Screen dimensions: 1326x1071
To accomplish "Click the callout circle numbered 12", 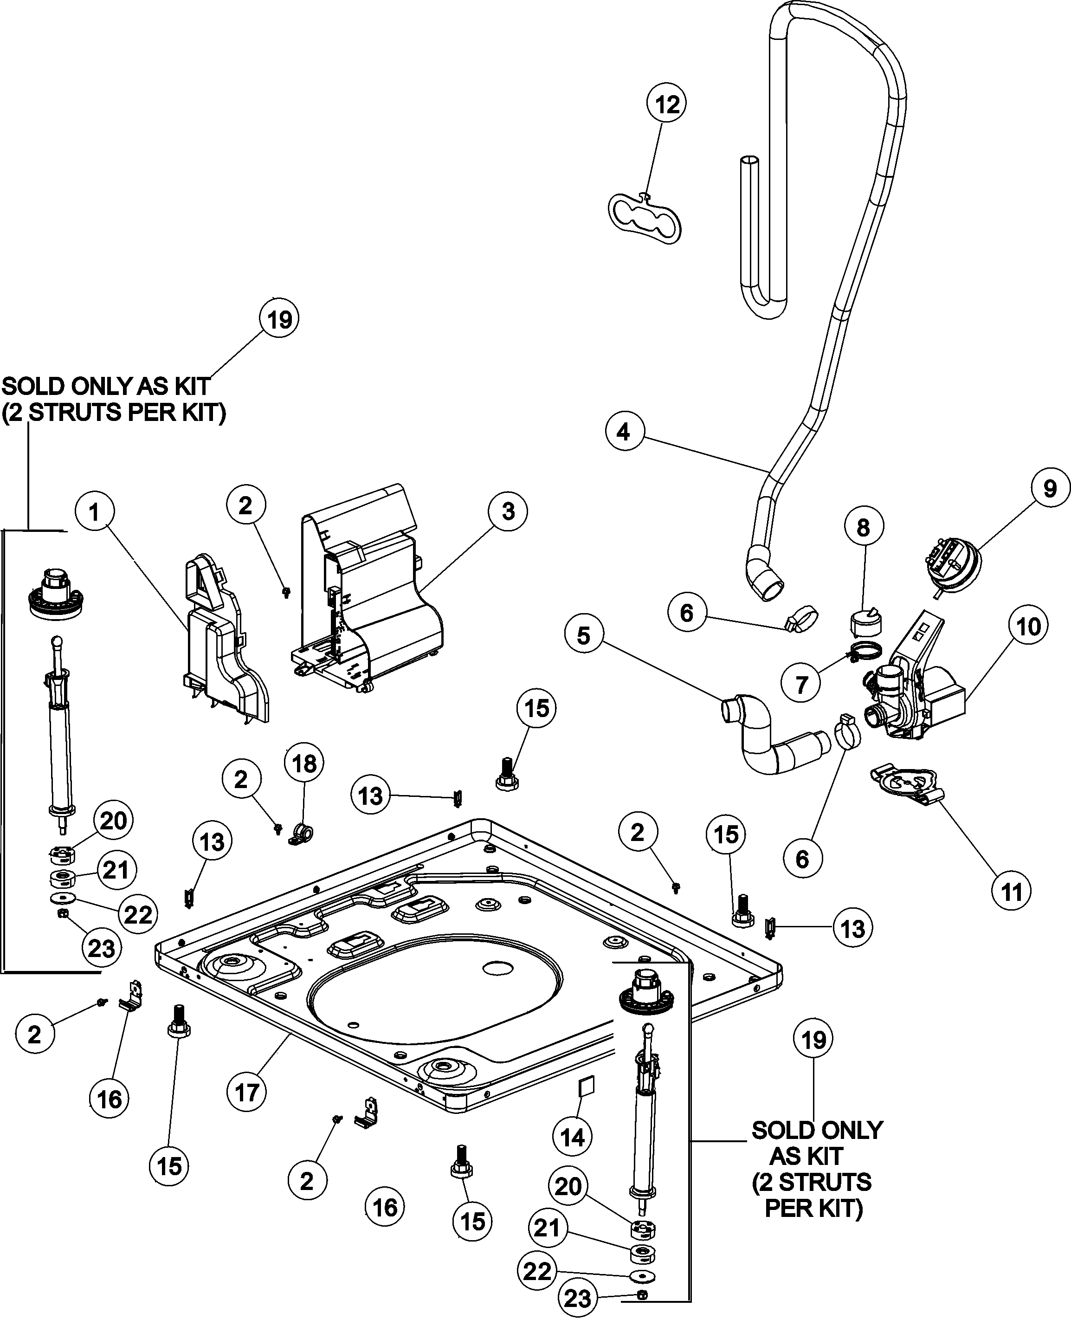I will point(666,104).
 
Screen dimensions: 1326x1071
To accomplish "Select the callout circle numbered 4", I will point(624,432).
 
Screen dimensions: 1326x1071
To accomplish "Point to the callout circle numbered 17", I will point(247,1093).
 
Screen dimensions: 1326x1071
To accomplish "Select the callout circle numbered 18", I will point(304,764).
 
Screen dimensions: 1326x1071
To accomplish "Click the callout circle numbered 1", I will point(94,512).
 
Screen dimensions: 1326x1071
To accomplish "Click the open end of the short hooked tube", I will point(749,162).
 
